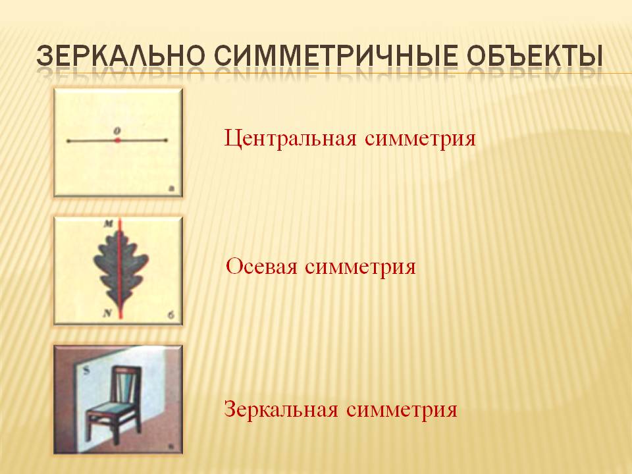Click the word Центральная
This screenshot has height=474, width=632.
tap(290, 139)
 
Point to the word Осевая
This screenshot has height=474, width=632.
tap(261, 267)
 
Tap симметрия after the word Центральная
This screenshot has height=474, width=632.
tap(421, 140)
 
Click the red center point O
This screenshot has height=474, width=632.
tap(117, 140)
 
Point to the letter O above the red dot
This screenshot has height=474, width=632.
tap(117, 130)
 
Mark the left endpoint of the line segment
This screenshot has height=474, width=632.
tap(68, 141)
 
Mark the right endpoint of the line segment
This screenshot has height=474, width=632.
tap(166, 140)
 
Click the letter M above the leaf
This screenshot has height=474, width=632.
tap(109, 224)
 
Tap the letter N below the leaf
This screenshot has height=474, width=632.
tap(107, 313)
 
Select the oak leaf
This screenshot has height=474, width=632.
tap(120, 271)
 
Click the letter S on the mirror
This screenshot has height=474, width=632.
tap(86, 371)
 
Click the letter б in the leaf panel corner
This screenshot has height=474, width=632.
tap(171, 315)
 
